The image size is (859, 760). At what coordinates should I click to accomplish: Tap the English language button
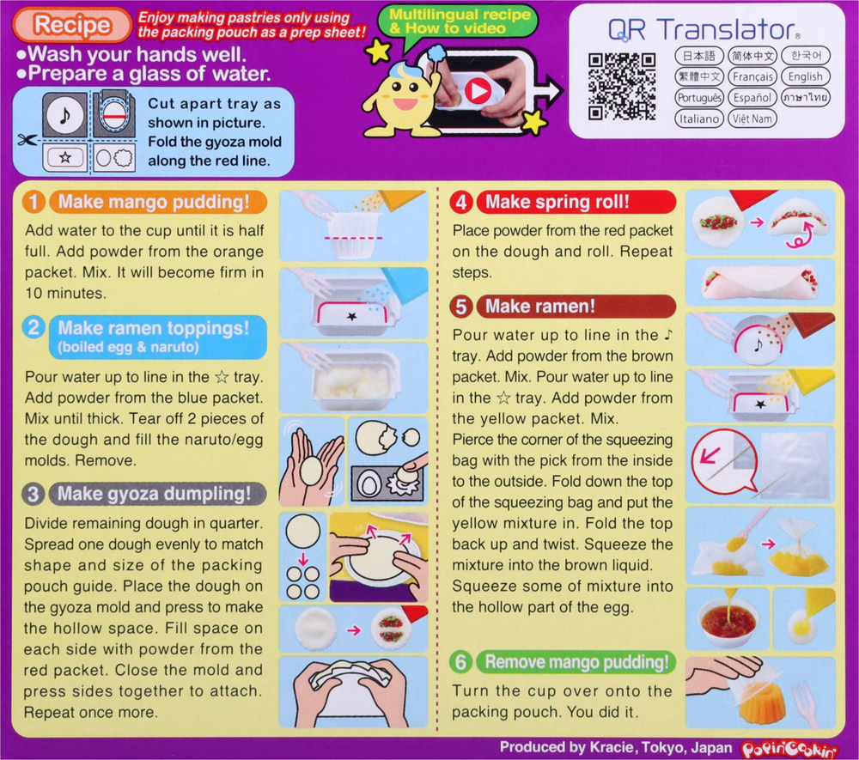[x=805, y=76]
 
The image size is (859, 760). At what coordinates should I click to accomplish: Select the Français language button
[x=752, y=76]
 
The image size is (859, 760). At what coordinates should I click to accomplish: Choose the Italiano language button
[x=698, y=119]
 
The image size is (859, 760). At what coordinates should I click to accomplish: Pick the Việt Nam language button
[x=752, y=119]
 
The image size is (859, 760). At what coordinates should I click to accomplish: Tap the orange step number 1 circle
[x=34, y=203]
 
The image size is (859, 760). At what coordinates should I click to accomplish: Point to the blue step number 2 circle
[x=34, y=327]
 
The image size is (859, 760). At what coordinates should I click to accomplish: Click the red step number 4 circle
[x=462, y=203]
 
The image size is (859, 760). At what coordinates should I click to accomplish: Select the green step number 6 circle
[x=462, y=661]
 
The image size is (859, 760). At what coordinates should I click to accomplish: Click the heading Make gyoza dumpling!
[x=155, y=494]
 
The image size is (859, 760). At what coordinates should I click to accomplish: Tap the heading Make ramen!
[x=540, y=307]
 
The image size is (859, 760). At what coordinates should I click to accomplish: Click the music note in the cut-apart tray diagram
[x=62, y=115]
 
